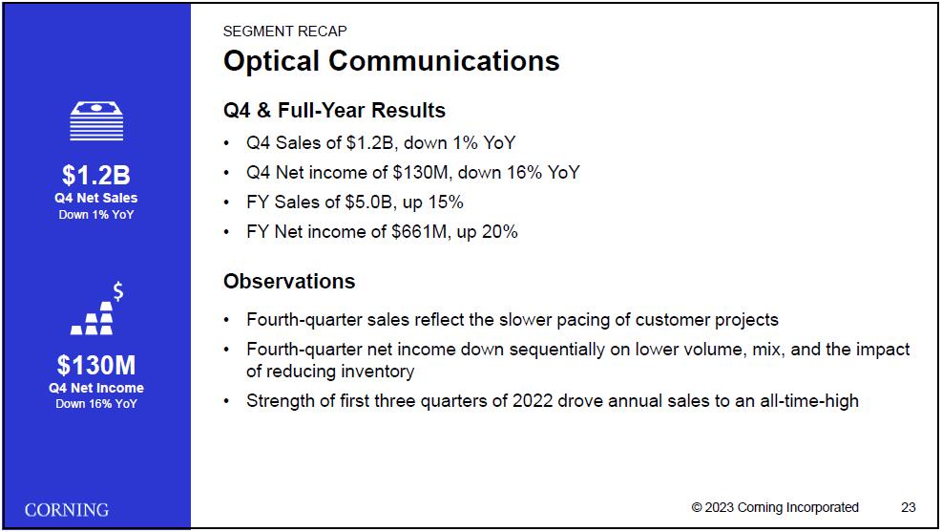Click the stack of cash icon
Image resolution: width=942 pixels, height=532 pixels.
click(96, 121)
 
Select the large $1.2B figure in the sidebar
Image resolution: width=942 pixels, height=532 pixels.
click(96, 175)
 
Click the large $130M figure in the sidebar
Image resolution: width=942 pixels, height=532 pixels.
click(96, 365)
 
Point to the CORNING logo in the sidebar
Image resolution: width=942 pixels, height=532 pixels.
click(67, 510)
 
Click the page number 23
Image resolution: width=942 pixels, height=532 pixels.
click(909, 507)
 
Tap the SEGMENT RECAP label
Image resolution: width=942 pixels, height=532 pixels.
click(284, 32)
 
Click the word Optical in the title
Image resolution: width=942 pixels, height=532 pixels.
click(272, 61)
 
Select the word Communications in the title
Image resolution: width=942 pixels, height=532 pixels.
click(444, 61)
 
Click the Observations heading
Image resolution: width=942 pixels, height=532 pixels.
click(289, 282)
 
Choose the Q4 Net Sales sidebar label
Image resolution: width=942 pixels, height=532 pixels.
click(96, 198)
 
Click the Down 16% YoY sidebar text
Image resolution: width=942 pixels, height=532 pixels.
click(96, 404)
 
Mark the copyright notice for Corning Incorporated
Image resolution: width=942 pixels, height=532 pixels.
click(775, 507)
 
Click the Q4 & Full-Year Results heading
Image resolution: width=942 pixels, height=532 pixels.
click(335, 111)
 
